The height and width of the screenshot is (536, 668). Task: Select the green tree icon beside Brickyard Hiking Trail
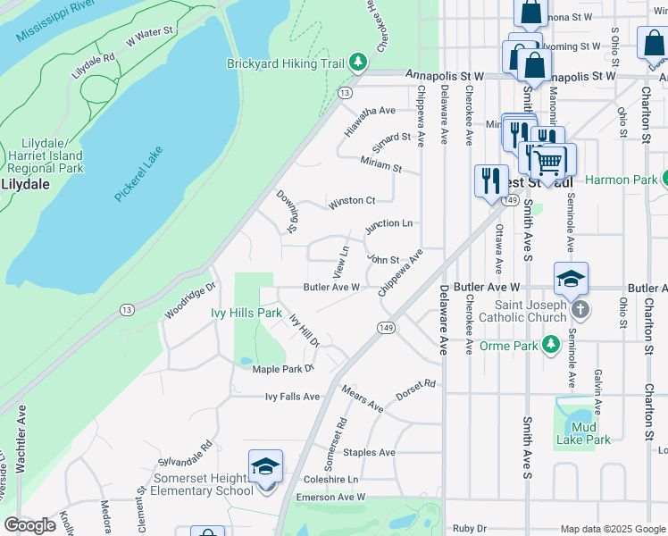(x=358, y=62)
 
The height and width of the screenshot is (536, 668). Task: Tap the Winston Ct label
(x=351, y=202)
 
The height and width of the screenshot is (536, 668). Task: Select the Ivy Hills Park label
(x=246, y=313)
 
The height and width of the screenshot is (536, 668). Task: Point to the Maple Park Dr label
(x=284, y=368)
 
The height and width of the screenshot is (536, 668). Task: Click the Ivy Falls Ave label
(x=292, y=397)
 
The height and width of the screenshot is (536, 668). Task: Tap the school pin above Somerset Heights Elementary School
(x=265, y=467)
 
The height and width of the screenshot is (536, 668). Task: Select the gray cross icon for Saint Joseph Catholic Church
(x=580, y=309)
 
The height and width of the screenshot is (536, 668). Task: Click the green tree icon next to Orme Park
(x=551, y=345)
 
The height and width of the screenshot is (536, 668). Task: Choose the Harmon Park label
(x=620, y=180)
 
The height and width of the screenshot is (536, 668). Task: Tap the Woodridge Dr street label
(x=190, y=303)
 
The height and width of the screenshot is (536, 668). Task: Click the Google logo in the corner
(x=30, y=525)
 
